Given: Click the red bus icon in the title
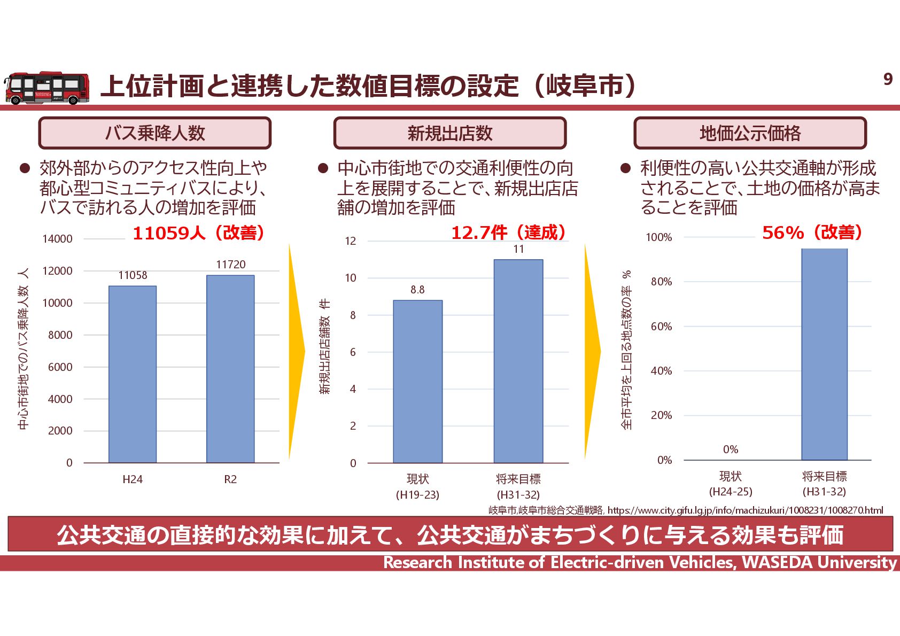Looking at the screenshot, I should click(x=47, y=88).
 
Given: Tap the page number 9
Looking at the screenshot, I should click(x=888, y=79).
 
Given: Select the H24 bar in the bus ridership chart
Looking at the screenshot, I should click(x=133, y=374).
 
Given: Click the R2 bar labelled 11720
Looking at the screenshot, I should click(x=230, y=369).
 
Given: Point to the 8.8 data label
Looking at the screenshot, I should click(x=417, y=290).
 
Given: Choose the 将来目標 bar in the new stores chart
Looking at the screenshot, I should click(x=518, y=361).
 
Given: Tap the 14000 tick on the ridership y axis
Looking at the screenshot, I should click(x=57, y=239).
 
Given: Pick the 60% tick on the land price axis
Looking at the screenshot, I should click(x=661, y=327).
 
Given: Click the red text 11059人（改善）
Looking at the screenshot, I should click(x=198, y=233).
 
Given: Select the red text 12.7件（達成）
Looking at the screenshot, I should click(x=508, y=232).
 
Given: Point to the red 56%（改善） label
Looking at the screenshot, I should click(x=812, y=232).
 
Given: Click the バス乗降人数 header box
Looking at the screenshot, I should click(x=155, y=133).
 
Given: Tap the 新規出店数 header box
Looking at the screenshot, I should click(x=449, y=133).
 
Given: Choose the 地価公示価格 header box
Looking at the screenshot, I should click(x=750, y=133).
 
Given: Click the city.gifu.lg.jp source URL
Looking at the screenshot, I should click(x=745, y=510).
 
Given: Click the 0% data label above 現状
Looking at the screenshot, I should click(x=730, y=449).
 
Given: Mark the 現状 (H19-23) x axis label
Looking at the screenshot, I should click(x=417, y=486).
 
